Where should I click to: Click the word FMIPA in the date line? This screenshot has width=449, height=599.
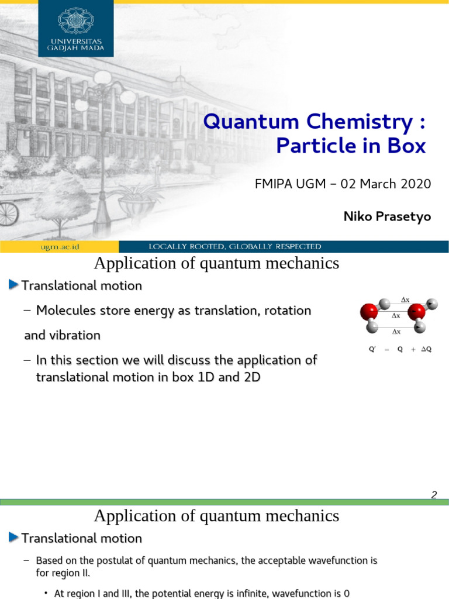click(x=274, y=184)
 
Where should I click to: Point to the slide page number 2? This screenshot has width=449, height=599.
click(x=434, y=495)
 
